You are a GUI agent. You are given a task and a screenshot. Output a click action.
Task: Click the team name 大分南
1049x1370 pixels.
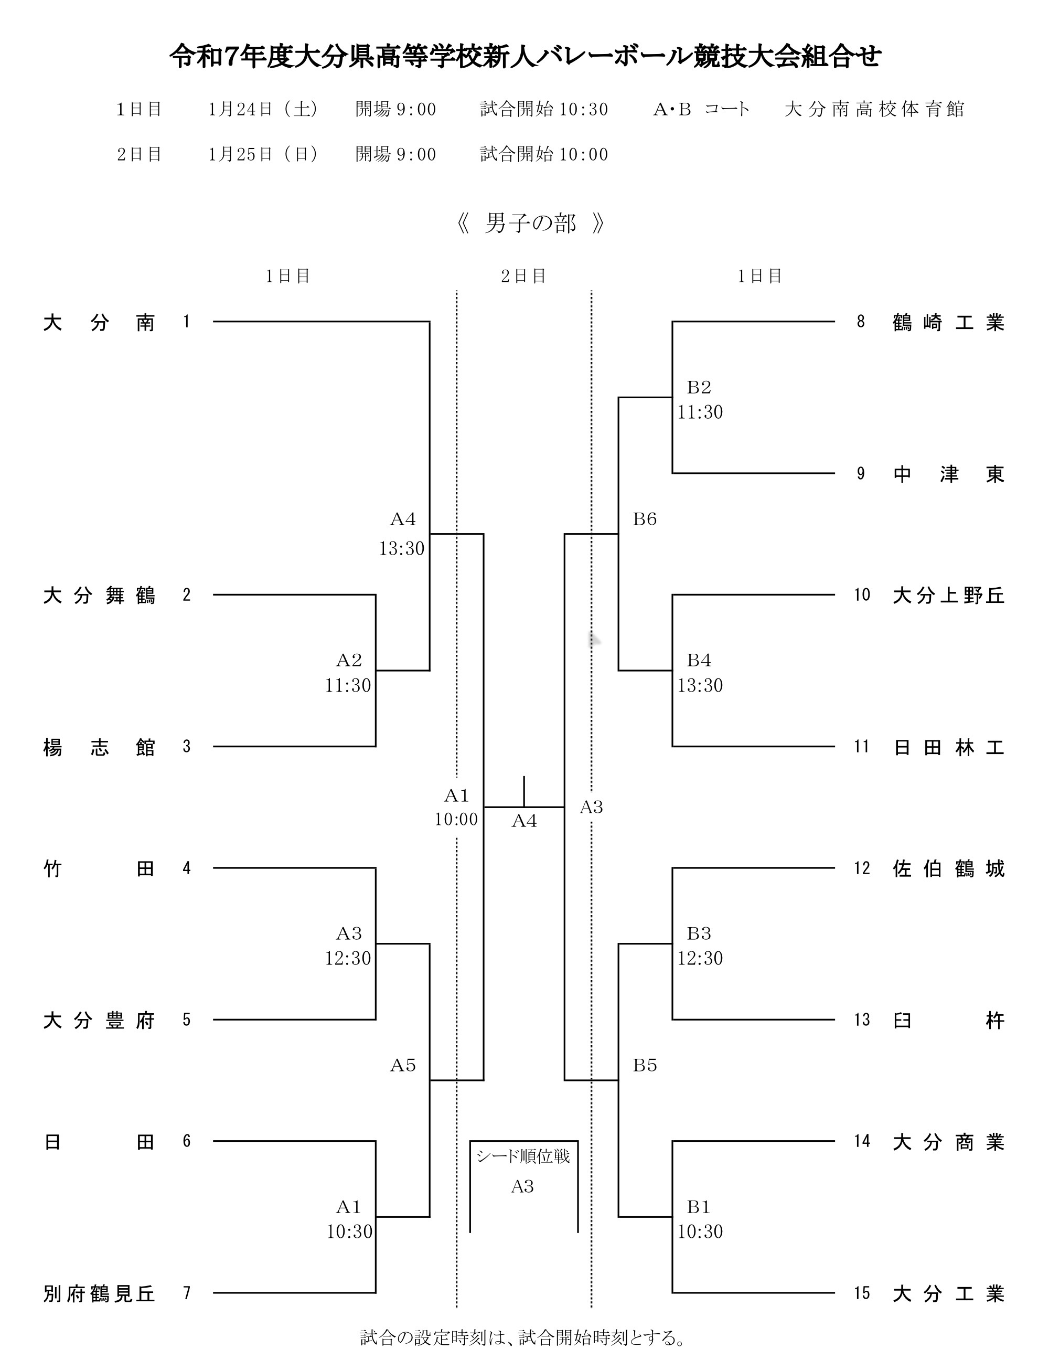click(x=99, y=323)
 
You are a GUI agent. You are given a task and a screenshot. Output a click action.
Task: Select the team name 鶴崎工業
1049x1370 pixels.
click(x=948, y=323)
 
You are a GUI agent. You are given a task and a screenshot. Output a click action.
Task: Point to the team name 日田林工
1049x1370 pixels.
click(x=948, y=747)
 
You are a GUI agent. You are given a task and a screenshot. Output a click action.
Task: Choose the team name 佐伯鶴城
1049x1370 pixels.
click(x=948, y=869)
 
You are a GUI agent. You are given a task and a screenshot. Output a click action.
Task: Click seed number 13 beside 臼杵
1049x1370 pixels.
click(x=862, y=1020)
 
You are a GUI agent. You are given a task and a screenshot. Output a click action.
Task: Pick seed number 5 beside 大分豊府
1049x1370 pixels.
click(x=187, y=1020)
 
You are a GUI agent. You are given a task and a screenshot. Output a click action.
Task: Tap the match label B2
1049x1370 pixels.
click(x=699, y=388)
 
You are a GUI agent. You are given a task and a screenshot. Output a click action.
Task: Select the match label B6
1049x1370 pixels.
click(x=645, y=519)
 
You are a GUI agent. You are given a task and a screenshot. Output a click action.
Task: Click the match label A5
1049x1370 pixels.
click(x=403, y=1065)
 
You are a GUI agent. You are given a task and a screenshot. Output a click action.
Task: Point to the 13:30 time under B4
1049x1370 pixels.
click(x=700, y=686)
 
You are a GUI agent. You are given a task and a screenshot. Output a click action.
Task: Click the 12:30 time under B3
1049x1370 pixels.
click(x=700, y=958)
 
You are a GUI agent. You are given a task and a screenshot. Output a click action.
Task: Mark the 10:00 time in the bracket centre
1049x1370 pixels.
click(x=456, y=820)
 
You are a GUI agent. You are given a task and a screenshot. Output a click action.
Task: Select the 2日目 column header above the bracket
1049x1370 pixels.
click(x=523, y=276)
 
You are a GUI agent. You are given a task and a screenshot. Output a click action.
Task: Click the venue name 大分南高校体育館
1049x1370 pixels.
click(x=874, y=109)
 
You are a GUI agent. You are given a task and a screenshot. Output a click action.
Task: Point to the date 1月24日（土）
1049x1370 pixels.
click(x=263, y=109)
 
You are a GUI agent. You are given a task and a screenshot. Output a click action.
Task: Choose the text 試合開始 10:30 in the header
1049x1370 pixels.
click(x=544, y=109)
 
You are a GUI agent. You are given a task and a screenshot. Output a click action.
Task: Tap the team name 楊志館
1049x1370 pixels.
click(x=99, y=747)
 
